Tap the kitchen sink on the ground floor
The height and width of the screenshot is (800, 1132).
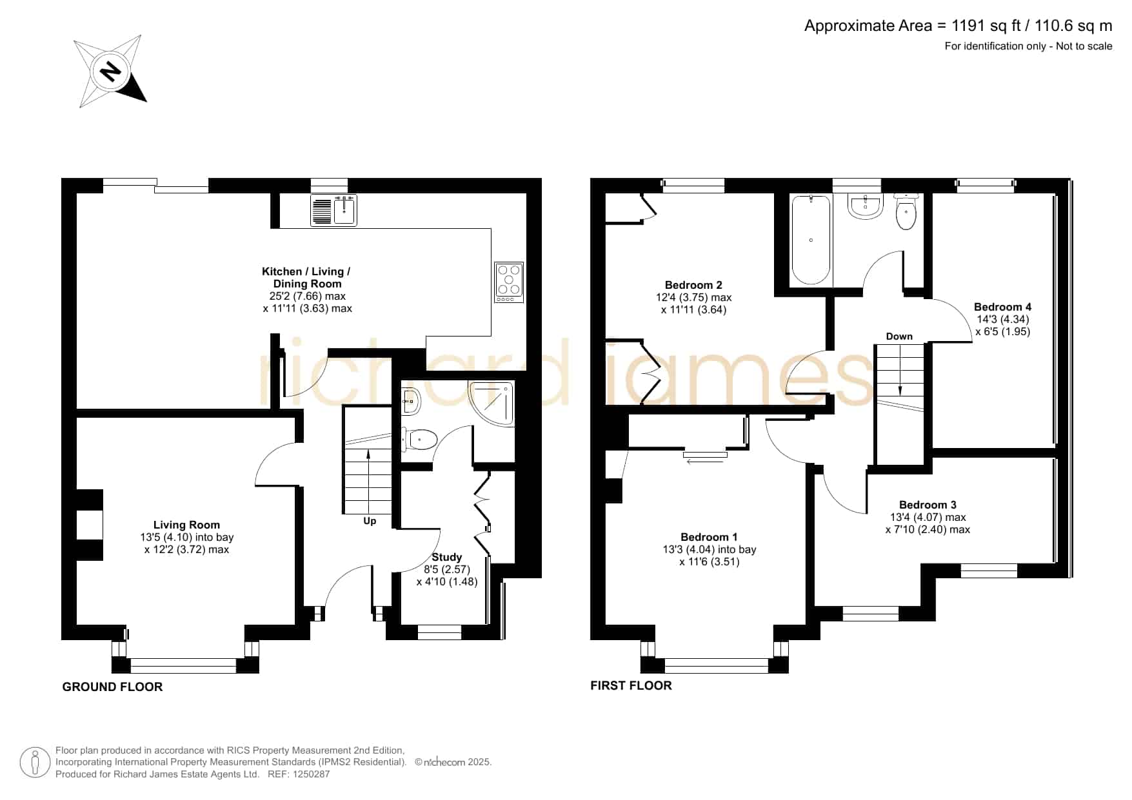(x=333, y=210)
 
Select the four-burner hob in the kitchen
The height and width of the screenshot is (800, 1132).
(x=509, y=282)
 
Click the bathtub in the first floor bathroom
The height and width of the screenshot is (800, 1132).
(x=810, y=240)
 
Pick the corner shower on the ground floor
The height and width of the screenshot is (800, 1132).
(x=492, y=403)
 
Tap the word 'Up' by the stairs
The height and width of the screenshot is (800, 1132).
(x=370, y=521)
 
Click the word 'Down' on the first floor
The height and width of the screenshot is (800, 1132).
(x=899, y=337)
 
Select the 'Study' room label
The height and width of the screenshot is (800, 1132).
(x=447, y=557)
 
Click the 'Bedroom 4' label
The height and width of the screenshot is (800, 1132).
(x=1002, y=307)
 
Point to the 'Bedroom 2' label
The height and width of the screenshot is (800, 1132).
(x=693, y=285)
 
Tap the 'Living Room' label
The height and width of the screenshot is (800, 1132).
(x=186, y=525)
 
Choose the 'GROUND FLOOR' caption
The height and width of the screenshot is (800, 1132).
(x=112, y=687)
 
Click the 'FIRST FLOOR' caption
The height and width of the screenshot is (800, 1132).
(x=631, y=685)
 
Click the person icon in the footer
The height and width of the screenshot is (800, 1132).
(x=35, y=763)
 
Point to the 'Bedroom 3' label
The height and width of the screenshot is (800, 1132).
(x=928, y=505)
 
